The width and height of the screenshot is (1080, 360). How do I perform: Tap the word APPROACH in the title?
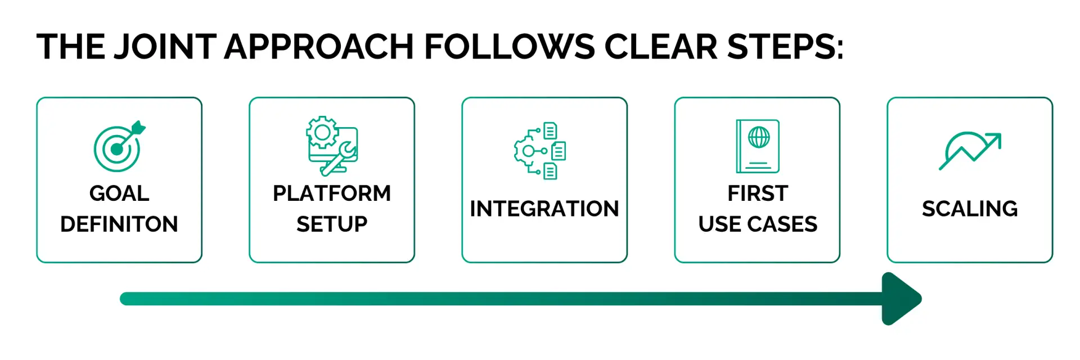tap(319, 46)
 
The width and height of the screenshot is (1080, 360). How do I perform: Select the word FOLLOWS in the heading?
tap(509, 46)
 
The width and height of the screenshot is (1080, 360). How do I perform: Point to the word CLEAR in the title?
tap(661, 46)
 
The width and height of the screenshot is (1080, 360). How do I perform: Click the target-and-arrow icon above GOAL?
tap(119, 146)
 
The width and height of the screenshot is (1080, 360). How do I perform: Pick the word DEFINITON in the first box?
tap(119, 224)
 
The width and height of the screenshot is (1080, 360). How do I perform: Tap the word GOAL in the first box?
tap(119, 193)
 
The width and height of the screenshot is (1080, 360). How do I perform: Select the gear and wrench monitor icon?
tap(332, 146)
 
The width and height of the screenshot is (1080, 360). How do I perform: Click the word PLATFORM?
tap(332, 193)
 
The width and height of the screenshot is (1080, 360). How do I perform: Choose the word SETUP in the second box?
tap(332, 224)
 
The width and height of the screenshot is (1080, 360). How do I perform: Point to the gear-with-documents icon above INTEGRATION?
tap(540, 151)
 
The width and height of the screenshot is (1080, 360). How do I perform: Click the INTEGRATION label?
tap(544, 209)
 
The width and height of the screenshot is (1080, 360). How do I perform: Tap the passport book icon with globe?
tap(758, 146)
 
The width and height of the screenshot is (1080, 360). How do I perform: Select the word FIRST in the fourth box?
tap(758, 193)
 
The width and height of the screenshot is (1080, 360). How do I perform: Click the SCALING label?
tap(970, 209)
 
